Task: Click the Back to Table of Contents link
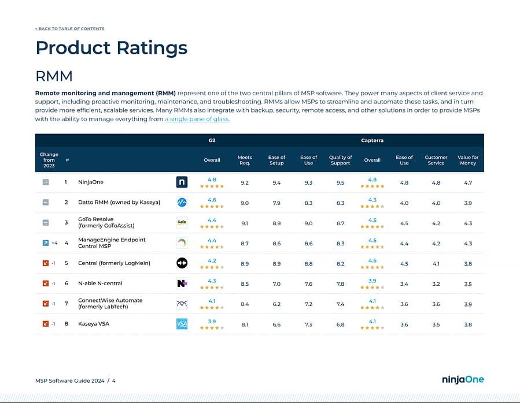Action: (69, 28)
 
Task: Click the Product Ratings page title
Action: (111, 47)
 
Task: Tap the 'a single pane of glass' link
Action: (197, 119)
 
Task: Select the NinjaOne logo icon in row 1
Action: (182, 182)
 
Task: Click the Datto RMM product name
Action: (119, 203)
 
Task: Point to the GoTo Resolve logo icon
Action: (182, 223)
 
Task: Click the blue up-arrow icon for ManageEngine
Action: (46, 243)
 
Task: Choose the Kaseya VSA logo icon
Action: (182, 324)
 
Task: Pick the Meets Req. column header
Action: (245, 160)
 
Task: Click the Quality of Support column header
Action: (340, 160)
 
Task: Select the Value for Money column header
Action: (468, 160)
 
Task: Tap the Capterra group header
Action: (372, 140)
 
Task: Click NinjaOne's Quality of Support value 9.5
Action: (340, 182)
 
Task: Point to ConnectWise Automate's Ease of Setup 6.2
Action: (276, 304)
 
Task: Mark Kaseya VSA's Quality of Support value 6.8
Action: (340, 324)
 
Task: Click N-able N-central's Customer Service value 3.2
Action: (436, 284)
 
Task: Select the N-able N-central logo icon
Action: (182, 283)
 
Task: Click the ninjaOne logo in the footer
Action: (463, 379)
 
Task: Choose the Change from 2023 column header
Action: (49, 160)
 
